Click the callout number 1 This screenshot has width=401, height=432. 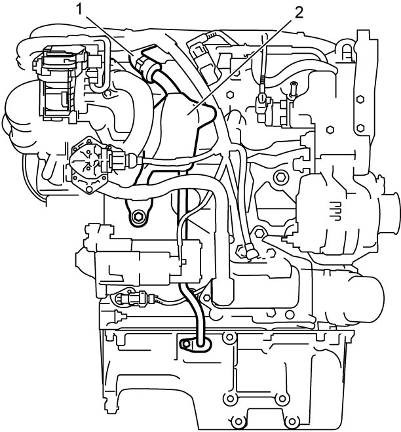79,10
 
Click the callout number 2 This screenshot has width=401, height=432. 299,13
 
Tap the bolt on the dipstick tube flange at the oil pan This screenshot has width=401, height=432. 186,344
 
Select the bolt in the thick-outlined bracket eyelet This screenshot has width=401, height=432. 138,217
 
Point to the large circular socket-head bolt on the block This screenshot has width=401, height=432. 281,178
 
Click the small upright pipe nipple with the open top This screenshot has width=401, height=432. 293,88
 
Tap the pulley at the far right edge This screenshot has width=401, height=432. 392,212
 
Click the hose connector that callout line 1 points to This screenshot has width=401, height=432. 145,67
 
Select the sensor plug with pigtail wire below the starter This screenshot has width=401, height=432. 133,298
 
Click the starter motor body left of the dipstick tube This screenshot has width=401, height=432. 138,262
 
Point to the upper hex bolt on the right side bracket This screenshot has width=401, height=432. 360,99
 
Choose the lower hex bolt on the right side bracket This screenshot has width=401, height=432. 360,128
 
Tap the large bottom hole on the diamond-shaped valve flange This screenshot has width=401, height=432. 88,189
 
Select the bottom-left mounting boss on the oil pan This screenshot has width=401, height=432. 239,422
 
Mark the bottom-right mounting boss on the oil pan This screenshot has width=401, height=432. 292,422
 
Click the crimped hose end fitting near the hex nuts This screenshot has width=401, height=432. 251,251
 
